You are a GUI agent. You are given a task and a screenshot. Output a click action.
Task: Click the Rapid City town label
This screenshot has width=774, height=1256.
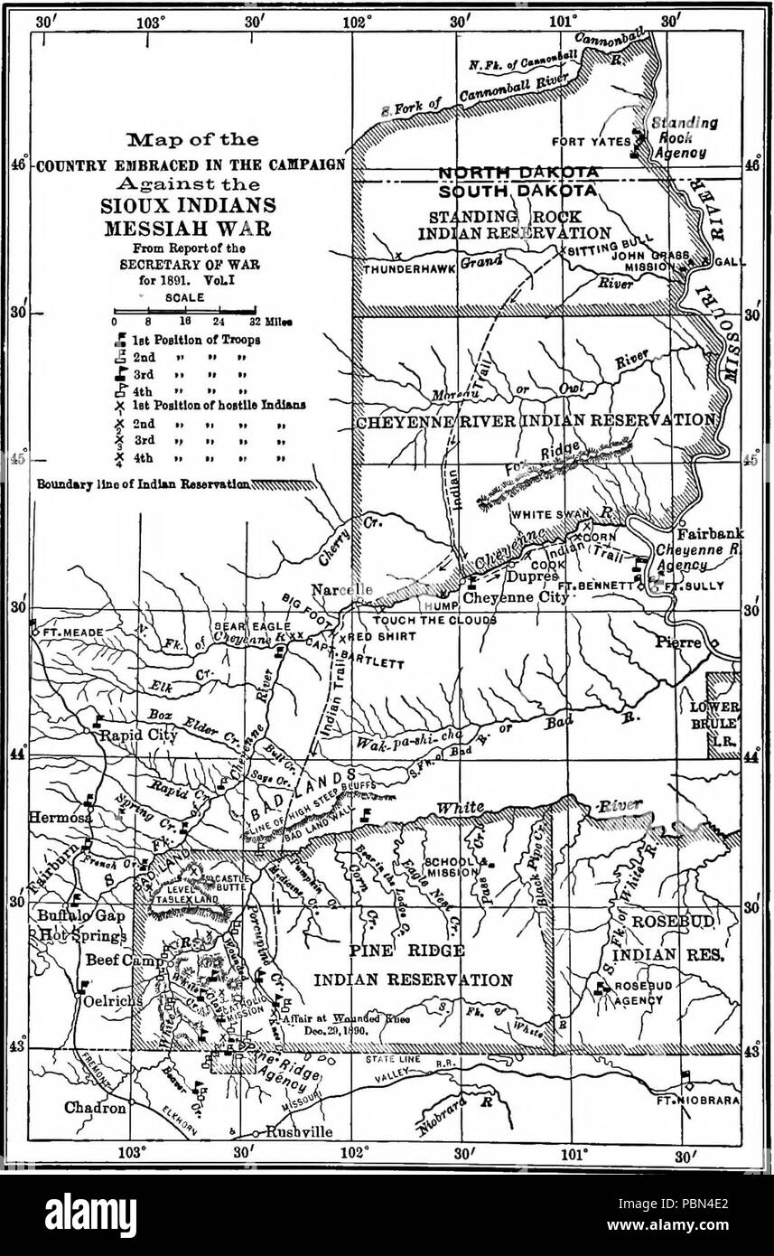pyautogui.click(x=131, y=735)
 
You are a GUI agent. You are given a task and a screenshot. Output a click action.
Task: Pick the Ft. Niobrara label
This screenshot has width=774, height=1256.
pyautogui.click(x=710, y=1101)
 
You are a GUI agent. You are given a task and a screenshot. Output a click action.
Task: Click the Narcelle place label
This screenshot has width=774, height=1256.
pyautogui.click(x=341, y=589)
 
